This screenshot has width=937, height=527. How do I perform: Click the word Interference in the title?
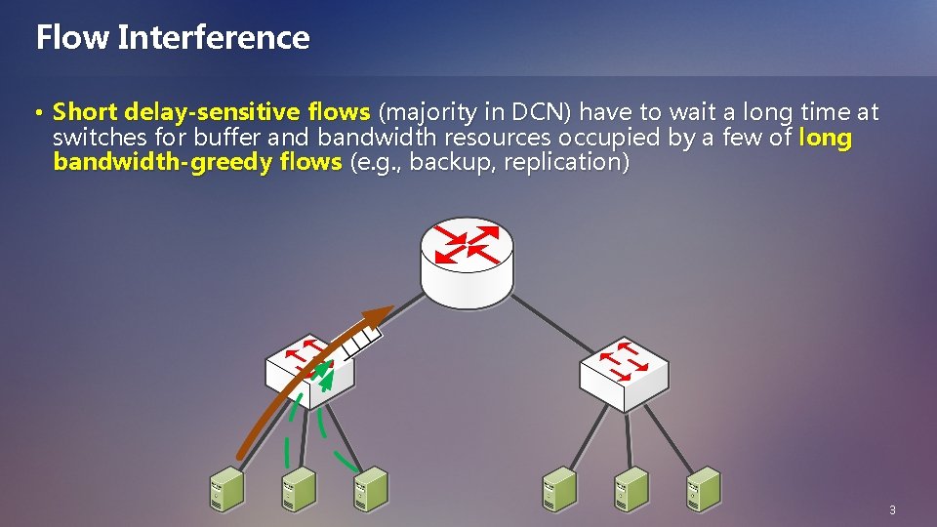point(213,37)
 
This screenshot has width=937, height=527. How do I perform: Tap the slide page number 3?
point(892,510)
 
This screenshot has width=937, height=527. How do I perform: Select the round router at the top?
point(467,260)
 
